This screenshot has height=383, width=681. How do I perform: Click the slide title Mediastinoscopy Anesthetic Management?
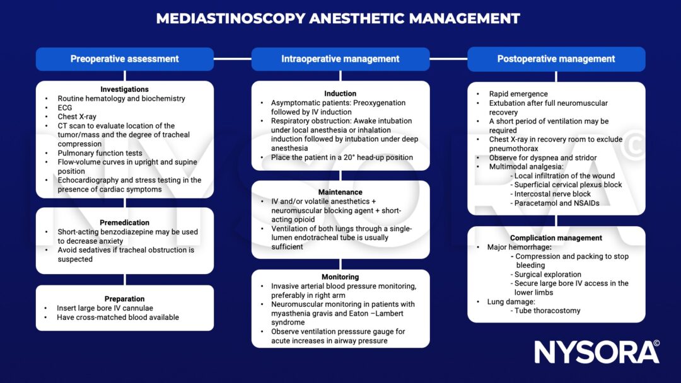(x=338, y=18)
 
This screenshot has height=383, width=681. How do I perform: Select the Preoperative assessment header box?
(x=124, y=59)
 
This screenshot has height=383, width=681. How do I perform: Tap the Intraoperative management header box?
(x=340, y=59)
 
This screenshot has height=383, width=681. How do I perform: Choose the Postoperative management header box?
(x=556, y=59)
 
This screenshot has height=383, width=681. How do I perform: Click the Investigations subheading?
(x=124, y=89)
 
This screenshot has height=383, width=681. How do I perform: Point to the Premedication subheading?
(x=124, y=222)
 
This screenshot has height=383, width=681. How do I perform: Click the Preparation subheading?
(x=124, y=299)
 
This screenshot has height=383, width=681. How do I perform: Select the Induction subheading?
(x=340, y=93)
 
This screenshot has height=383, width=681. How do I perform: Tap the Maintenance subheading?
(x=340, y=192)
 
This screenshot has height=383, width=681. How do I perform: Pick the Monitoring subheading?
(x=340, y=277)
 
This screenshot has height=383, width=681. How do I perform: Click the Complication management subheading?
(x=556, y=238)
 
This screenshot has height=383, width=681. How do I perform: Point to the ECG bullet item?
(x=65, y=108)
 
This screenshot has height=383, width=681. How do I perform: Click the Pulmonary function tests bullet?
(x=100, y=153)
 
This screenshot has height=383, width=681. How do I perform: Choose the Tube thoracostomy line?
(x=547, y=311)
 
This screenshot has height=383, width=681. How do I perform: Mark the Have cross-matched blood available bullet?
(x=118, y=317)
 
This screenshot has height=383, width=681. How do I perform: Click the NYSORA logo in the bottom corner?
(x=597, y=352)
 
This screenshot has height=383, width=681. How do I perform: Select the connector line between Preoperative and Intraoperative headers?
(x=232, y=59)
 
